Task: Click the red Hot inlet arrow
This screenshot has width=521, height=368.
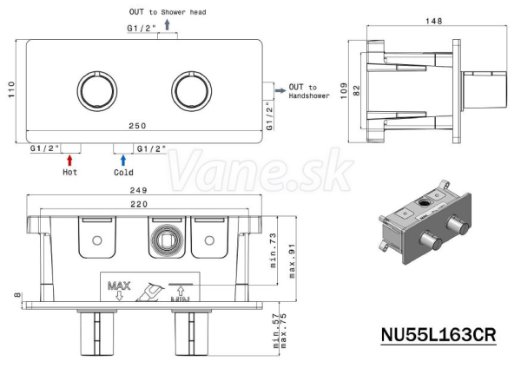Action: [x=69, y=160]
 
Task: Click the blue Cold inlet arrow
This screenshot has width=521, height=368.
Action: [x=123, y=160]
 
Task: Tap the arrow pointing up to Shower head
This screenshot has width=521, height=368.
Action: [x=167, y=24]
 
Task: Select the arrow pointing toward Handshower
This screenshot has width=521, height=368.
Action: [x=280, y=90]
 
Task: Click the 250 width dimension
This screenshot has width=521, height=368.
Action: [x=137, y=126]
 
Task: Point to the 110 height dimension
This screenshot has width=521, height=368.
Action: [x=11, y=89]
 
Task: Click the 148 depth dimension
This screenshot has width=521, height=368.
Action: [x=434, y=21]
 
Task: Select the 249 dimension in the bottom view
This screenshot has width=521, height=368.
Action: [x=139, y=190]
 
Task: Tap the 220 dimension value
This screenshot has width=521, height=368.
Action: [x=139, y=204]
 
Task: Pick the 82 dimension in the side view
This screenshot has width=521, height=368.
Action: [x=356, y=90]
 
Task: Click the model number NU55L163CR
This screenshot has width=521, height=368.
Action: [x=439, y=334]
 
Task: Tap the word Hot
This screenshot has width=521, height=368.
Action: [x=69, y=172]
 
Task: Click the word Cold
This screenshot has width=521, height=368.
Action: [x=123, y=173]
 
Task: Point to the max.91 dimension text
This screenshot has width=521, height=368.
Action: [x=292, y=261]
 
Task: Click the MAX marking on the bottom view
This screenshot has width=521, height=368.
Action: [x=119, y=286]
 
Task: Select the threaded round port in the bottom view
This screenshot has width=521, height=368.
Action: [x=166, y=240]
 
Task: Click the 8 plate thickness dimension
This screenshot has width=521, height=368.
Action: [x=18, y=295]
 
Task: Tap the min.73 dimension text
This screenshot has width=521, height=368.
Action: [x=273, y=251]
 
